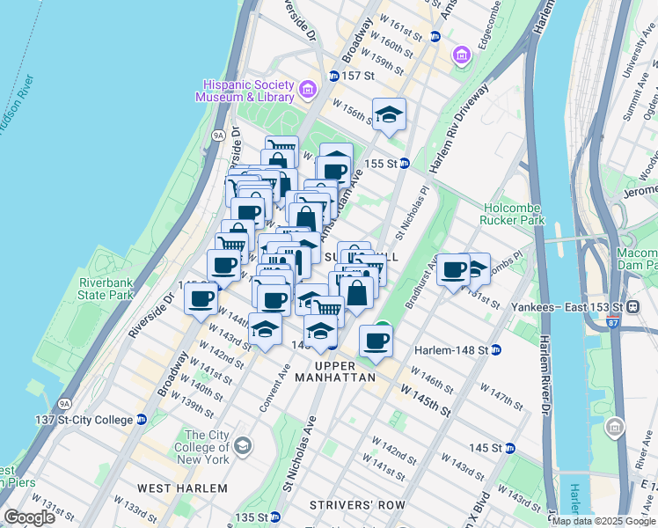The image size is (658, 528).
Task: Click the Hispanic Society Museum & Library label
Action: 250,91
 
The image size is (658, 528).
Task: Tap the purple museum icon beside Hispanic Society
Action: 307,89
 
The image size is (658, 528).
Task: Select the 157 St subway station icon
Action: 334,77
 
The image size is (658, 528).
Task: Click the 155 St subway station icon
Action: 404,163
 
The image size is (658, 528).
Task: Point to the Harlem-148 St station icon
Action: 496,350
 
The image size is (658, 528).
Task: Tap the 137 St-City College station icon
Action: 141,419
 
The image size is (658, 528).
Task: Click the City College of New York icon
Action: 243,448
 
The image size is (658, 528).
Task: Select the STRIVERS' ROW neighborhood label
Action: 356,506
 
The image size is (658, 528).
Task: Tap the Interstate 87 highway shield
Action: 611,323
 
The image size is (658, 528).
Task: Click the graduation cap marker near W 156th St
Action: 388,114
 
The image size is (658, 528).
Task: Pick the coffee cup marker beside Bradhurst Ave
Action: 453,270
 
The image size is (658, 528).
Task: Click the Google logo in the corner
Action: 30,517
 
